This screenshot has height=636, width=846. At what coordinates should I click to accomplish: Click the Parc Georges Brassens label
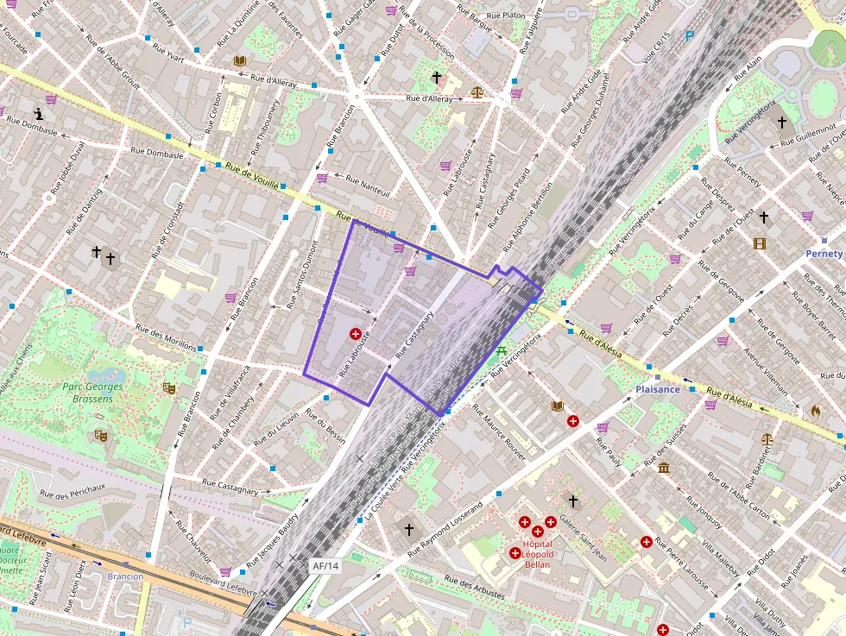pyautogui.click(x=92, y=393)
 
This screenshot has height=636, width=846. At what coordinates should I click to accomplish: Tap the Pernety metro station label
pyautogui.click(x=824, y=254)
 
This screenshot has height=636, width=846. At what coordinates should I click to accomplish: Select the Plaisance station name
pyautogui.click(x=659, y=389)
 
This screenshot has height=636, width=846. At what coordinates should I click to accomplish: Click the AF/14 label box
pyautogui.click(x=325, y=566)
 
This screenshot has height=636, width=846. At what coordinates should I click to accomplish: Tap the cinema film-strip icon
pyautogui.click(x=759, y=244)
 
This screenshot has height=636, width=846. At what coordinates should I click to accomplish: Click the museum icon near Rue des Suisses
pyautogui.click(x=664, y=468)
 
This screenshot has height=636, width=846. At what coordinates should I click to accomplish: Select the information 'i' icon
pyautogui.click(x=39, y=113)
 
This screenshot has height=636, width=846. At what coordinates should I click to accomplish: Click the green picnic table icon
pyautogui.click(x=501, y=350)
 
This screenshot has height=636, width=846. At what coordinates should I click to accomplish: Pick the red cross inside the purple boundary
pyautogui.click(x=354, y=334)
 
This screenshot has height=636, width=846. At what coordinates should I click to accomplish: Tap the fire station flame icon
pyautogui.click(x=815, y=411)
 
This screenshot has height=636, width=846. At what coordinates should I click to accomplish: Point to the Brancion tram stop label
pyautogui.click(x=125, y=576)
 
